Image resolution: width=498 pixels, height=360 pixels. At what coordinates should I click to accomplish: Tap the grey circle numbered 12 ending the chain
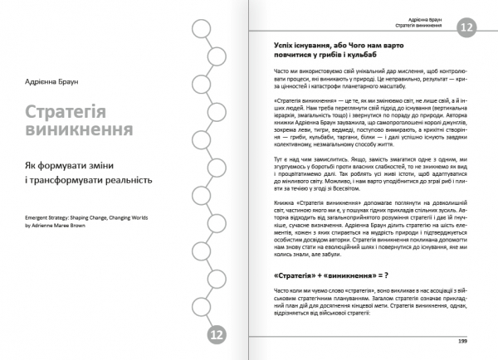click(x=217, y=335)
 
